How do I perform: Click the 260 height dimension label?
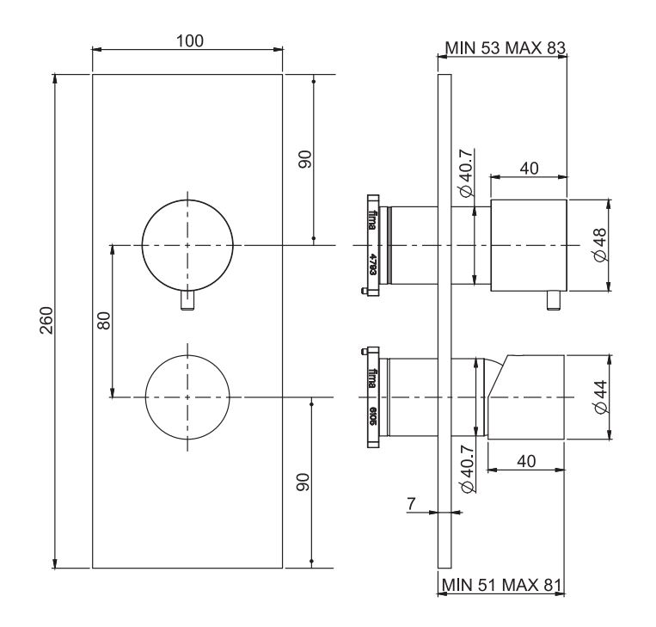[x=48, y=320]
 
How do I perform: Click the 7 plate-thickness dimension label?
[x=412, y=504]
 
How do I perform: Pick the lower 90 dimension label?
[x=303, y=483]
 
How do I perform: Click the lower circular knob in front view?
[x=187, y=396]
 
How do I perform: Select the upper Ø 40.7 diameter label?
[x=464, y=181]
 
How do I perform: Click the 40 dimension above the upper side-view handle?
[x=529, y=169]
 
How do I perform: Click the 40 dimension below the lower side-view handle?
[x=527, y=462]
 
